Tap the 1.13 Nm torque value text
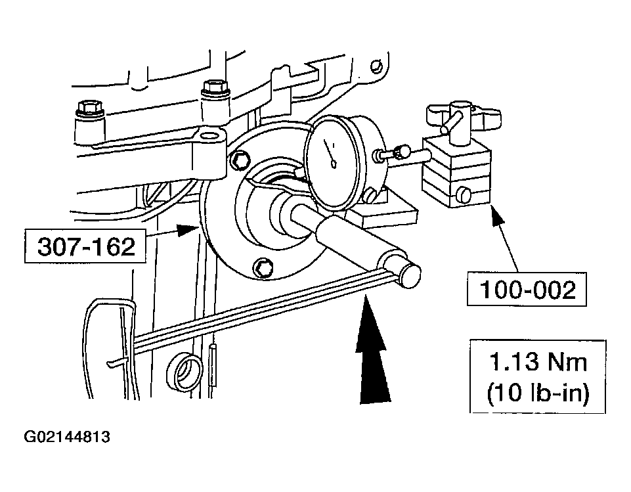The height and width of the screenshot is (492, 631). point(537,363)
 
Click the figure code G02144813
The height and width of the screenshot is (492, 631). point(67,437)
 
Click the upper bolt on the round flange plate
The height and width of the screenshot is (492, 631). point(240,159)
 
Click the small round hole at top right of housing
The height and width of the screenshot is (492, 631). point(376,66)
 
